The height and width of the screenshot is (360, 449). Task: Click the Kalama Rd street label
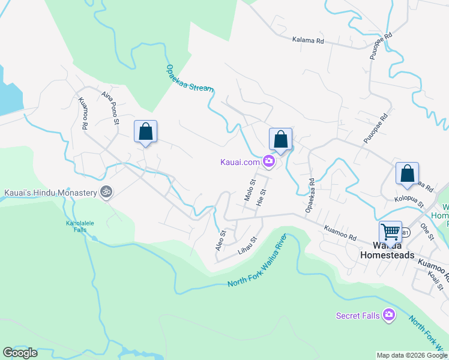pos(308,41)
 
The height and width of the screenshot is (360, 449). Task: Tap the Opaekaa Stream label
pos(189,78)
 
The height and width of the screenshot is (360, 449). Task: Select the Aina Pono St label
pos(110,105)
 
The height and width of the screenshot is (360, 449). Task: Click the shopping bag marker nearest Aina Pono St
pos(145,131)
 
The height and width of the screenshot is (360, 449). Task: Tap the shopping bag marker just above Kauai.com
pos(280,139)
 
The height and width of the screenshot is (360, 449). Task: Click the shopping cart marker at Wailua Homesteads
pos(390,232)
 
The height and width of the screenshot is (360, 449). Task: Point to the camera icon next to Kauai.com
pos(268,161)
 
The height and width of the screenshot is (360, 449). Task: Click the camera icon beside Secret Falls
pos(389,314)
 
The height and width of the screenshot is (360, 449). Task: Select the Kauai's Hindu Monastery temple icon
pos(106,193)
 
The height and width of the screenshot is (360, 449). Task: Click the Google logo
pos(20,353)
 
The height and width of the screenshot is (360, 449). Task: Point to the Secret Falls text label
pos(357,315)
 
